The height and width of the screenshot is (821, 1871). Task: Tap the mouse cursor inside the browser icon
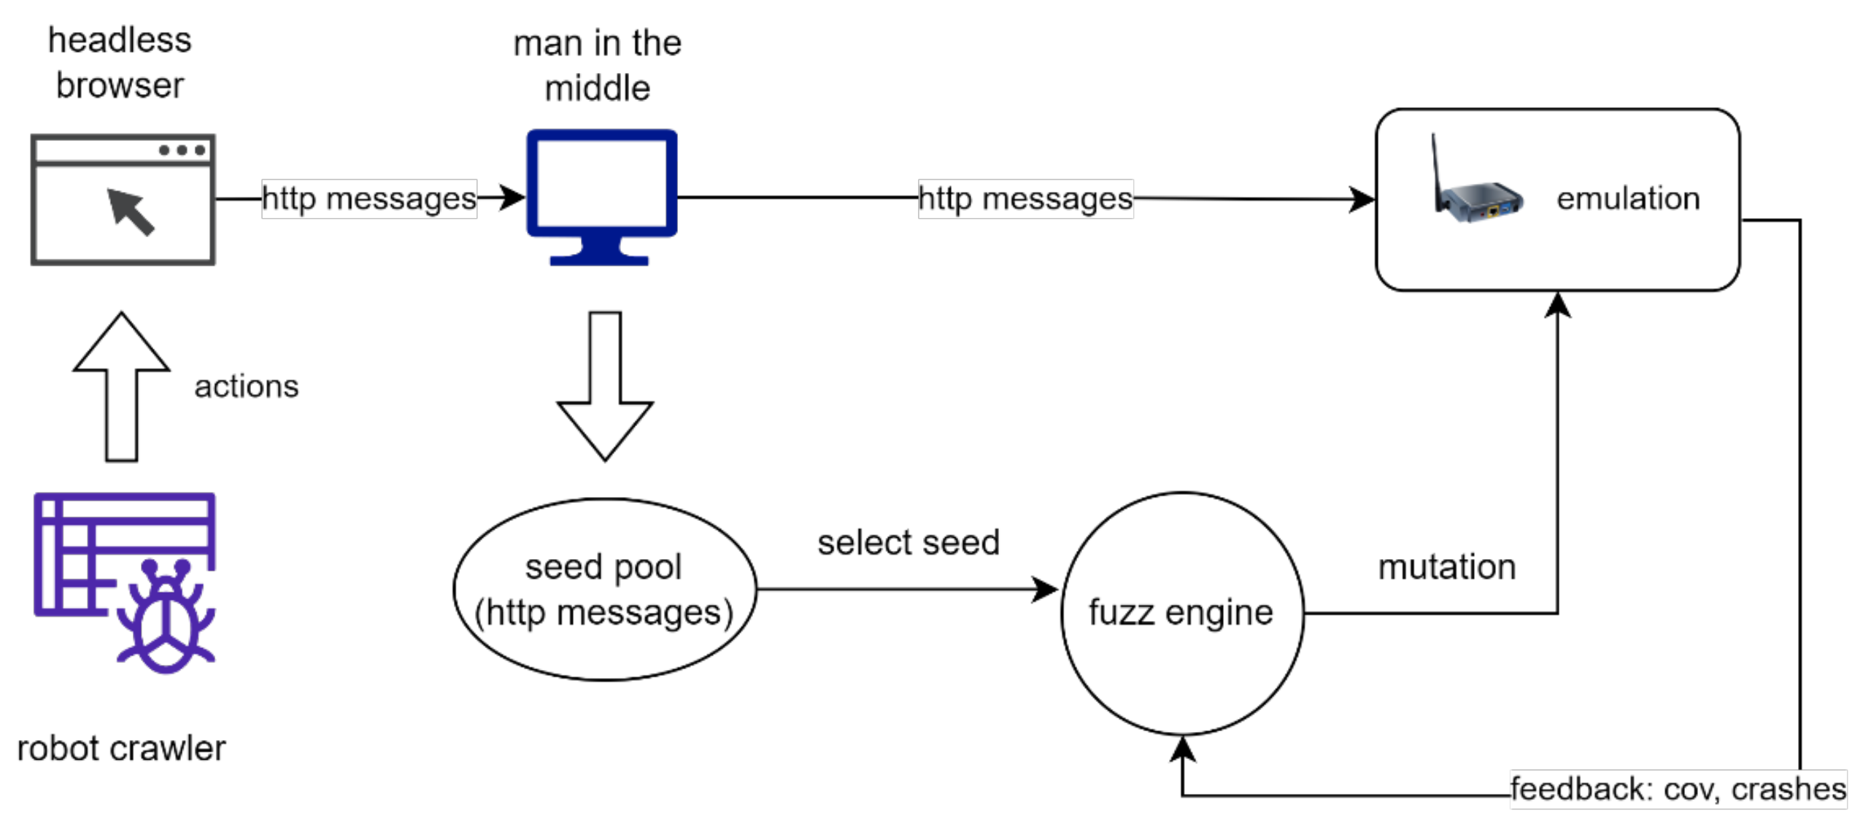pos(131,211)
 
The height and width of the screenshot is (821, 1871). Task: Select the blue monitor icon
pos(601,196)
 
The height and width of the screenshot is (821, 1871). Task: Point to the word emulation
pos(1627,198)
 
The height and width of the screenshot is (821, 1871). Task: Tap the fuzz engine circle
pos(1181,613)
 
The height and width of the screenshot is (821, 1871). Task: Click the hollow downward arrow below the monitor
pos(604,387)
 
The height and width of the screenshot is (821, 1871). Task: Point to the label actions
pos(246,386)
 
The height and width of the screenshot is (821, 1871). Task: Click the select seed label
pos(907,542)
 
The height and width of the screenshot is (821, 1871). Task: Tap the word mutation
pos(1446,567)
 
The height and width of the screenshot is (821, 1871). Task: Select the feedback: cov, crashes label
pos(1677,789)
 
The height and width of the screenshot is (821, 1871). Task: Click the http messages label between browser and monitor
pos(369,198)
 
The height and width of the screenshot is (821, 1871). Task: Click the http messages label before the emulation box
pos(1025,198)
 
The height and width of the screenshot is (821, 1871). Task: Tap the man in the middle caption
pos(597,66)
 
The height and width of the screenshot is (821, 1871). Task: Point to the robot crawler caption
pos(121,748)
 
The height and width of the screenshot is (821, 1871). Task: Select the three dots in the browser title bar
pos(182,150)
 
